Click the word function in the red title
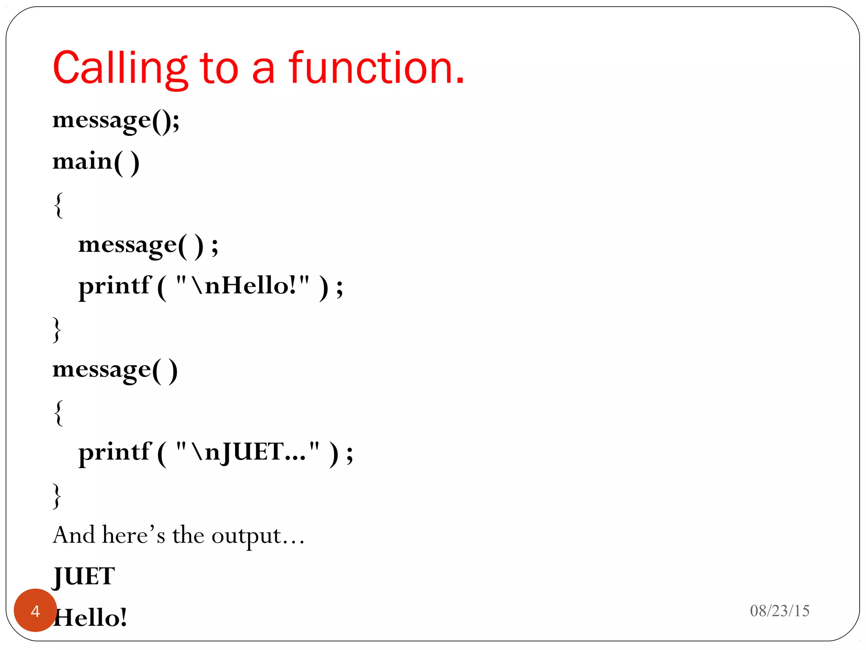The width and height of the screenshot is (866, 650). [376, 68]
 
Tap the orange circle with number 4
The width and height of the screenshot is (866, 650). [36, 610]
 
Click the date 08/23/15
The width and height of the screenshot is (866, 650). [779, 611]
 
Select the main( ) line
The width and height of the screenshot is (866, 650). [96, 162]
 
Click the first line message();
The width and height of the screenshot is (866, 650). [116, 121]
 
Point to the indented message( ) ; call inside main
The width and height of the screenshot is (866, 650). [148, 245]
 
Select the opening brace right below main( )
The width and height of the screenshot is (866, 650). [59, 205]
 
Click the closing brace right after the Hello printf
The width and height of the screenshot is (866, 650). [57, 329]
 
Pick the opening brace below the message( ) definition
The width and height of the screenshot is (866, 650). [59, 413]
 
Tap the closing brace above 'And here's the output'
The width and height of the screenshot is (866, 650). [57, 496]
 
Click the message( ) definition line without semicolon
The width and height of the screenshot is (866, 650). [115, 370]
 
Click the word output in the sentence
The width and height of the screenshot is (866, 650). [246, 536]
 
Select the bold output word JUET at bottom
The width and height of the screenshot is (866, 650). [84, 576]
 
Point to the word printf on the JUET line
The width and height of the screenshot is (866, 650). [115, 452]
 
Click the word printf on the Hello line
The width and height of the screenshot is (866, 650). [115, 286]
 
